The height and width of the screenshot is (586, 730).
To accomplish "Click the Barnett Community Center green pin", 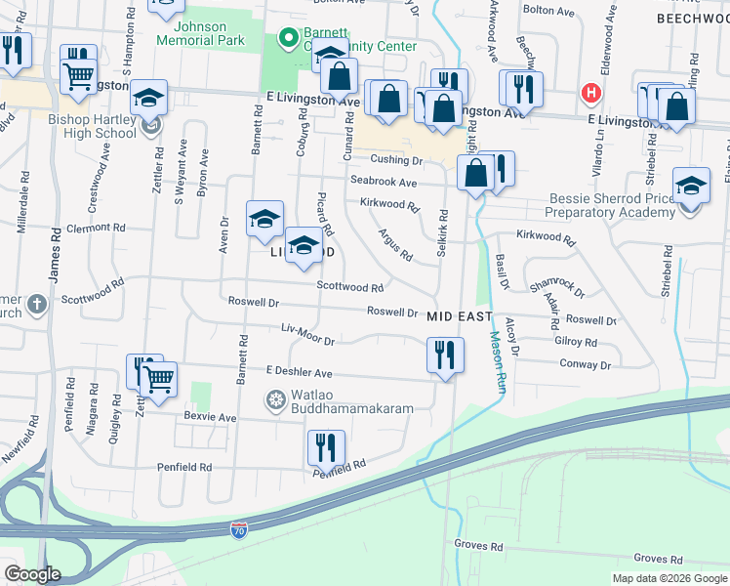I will pyautogui.click(x=288, y=39).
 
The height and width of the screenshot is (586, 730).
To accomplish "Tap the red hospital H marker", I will pyautogui.click(x=589, y=94).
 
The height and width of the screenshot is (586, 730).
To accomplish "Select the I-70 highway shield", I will pyautogui.click(x=239, y=530).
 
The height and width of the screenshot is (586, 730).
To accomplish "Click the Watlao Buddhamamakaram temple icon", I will pyautogui.click(x=276, y=399).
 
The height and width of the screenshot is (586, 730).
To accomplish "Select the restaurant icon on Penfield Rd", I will pyautogui.click(x=326, y=447).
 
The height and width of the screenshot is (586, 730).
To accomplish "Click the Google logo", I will pyautogui.click(x=32, y=574).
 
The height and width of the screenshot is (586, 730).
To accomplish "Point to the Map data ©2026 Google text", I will pyautogui.click(x=669, y=578).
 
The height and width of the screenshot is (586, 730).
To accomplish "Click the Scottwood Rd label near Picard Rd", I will pyautogui.click(x=349, y=288).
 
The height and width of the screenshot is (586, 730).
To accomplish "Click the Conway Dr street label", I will pyautogui.click(x=585, y=364).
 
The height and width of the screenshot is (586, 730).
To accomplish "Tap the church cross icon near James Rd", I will pyautogui.click(x=37, y=305).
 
